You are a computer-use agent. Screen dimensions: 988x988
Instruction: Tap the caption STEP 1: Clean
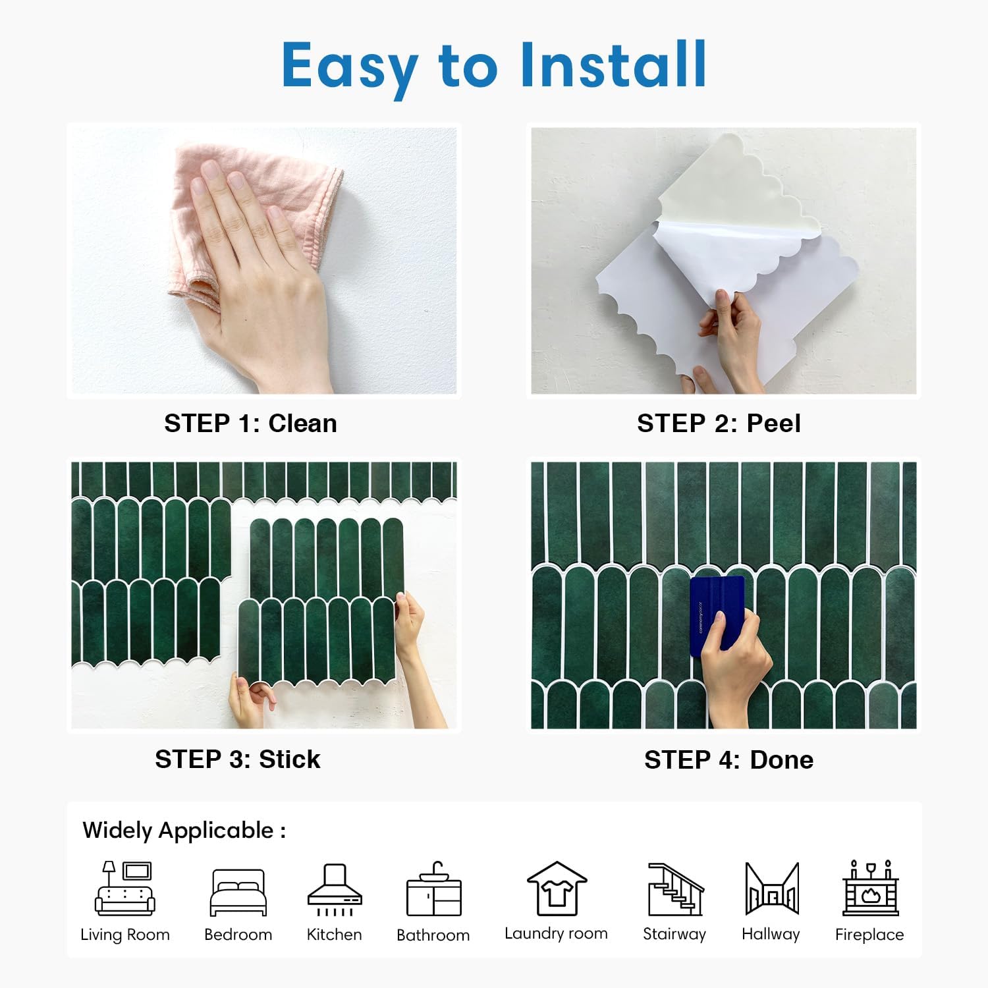pyautogui.click(x=250, y=424)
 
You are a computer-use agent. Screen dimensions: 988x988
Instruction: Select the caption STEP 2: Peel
pyautogui.click(x=719, y=424)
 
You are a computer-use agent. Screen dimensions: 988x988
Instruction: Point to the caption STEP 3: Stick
pyautogui.click(x=238, y=759)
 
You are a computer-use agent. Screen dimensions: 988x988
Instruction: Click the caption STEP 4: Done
pyautogui.click(x=728, y=760)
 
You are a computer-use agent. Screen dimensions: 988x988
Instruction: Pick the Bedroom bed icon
pyautogui.click(x=238, y=892)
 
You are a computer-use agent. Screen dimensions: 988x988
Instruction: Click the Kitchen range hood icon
pyautogui.click(x=335, y=889)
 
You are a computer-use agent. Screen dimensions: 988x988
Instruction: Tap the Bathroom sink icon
pyautogui.click(x=433, y=890)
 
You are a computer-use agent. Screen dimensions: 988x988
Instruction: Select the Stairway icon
pyautogui.click(x=675, y=889)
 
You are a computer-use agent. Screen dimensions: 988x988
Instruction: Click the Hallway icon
pyautogui.click(x=771, y=889)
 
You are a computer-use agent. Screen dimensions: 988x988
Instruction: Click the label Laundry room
pyautogui.click(x=556, y=933)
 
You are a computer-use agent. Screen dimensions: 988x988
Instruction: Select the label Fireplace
pyautogui.click(x=869, y=935)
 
